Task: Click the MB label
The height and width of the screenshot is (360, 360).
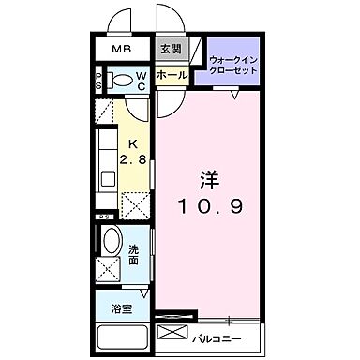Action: (123, 51)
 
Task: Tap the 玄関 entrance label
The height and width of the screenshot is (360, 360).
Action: (169, 51)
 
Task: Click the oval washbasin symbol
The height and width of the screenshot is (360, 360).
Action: (109, 242)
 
